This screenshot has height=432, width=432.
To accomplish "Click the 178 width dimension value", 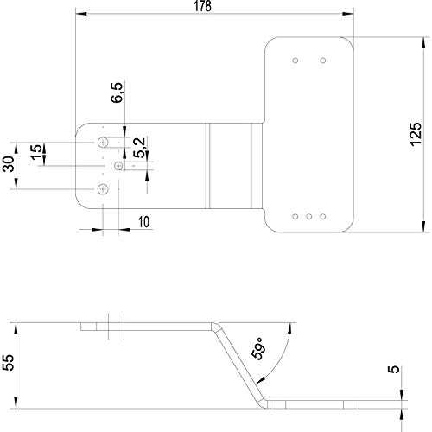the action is [202, 6].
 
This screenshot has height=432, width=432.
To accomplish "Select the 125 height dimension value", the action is [416, 134].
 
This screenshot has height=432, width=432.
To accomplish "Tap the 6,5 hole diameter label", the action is [117, 92].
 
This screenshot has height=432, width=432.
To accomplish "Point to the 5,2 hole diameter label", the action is [139, 148].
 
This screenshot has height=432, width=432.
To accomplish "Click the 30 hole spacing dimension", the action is [9, 164].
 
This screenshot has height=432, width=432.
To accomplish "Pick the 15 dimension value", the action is [36, 152].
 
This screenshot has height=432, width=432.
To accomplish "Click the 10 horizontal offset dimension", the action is [144, 222].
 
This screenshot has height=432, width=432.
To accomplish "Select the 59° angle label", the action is [257, 348].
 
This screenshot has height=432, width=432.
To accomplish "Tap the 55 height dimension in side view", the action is [8, 362].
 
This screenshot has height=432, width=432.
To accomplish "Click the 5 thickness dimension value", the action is [394, 369].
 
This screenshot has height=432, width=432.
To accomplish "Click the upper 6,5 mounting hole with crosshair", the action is [103, 143].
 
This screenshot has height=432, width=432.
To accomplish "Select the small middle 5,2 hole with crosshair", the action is [118, 166].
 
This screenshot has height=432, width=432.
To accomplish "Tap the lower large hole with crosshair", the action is [103, 189].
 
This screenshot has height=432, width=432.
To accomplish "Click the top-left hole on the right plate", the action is [295, 60].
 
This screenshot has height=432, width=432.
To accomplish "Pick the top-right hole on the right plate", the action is [323, 60].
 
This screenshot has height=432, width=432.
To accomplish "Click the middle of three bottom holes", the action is [309, 217].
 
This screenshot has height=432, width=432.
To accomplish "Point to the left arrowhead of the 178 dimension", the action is [81, 14].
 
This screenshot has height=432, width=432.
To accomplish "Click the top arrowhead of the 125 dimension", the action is [423, 43].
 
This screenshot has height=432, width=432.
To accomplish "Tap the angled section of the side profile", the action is [240, 365].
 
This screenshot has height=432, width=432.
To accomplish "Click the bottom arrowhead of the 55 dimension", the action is [16, 403].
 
